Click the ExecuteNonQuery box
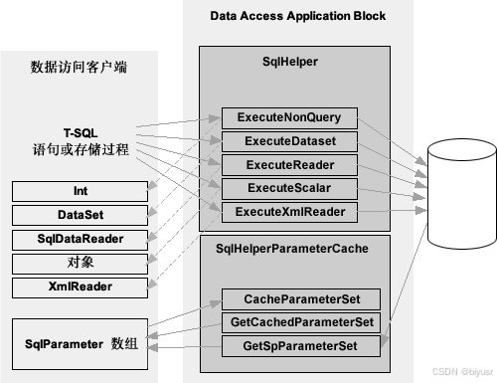[x=287, y=116]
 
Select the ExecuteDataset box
[x=287, y=140]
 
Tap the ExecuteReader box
[x=287, y=164]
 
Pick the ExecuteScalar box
[x=287, y=187]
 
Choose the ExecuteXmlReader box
[x=287, y=211]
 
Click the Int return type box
[x=80, y=190]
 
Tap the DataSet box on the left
[x=80, y=214]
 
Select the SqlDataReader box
[x=80, y=239]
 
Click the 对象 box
[x=80, y=263]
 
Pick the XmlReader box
[x=80, y=287]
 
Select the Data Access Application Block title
[x=298, y=17]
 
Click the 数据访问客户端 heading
[x=79, y=67]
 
